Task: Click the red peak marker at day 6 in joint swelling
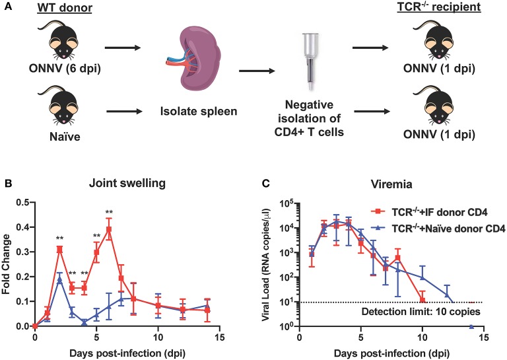[x=108, y=229]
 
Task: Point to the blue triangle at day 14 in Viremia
[x=471, y=326]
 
